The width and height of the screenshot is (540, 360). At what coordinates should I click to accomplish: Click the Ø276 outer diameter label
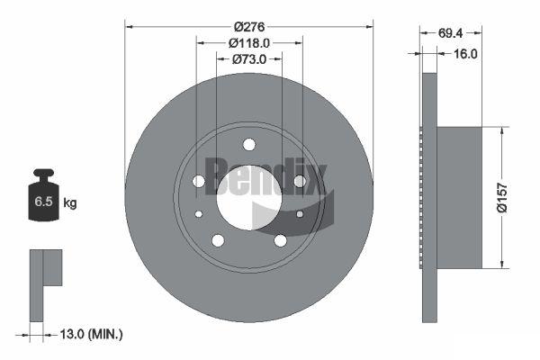[x=249, y=26]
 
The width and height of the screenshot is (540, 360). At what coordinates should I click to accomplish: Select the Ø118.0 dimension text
[x=249, y=43]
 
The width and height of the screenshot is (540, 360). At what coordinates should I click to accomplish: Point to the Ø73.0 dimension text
[x=249, y=59]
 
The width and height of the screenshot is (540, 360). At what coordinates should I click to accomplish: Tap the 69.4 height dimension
[x=450, y=33]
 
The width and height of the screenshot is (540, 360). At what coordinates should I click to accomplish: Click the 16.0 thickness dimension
[x=465, y=54]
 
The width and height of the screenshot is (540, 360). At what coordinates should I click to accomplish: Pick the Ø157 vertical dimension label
[x=502, y=198]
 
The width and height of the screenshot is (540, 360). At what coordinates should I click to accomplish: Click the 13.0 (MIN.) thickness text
[x=91, y=334]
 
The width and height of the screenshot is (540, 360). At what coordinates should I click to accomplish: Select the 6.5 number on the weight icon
[x=43, y=202]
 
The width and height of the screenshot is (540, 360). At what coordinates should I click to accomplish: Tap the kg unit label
[x=70, y=202]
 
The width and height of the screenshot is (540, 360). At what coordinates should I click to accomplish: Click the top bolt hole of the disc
[x=249, y=144]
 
